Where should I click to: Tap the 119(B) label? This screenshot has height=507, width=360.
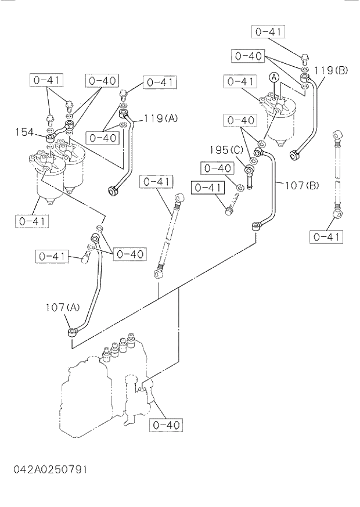click(330, 71)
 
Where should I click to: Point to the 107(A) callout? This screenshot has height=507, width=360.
click(63, 307)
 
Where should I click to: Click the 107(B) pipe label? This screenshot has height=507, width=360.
click(301, 186)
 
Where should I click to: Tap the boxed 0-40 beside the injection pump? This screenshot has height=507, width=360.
click(167, 425)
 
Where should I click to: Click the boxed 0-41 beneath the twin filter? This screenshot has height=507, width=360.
click(32, 221)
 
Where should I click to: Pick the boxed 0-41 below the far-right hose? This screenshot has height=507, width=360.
click(326, 237)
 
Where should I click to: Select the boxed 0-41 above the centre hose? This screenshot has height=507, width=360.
click(156, 182)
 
